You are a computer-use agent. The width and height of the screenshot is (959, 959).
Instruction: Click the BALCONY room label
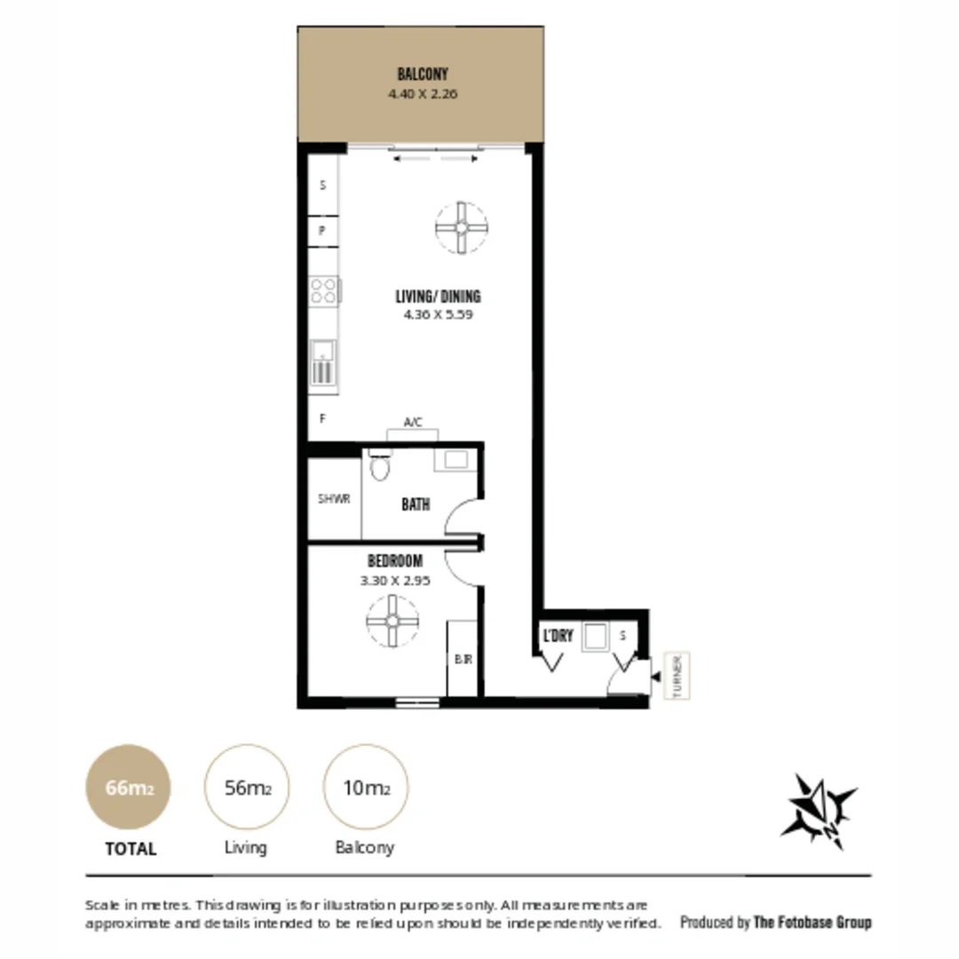point(423,75)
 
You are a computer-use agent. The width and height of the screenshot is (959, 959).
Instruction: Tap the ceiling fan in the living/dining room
point(461,227)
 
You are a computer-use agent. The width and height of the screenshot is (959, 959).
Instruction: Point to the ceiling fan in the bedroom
point(392,621)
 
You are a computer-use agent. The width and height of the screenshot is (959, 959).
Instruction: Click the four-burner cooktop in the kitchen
point(324,290)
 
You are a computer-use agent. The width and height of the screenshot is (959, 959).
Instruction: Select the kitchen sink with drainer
point(323,363)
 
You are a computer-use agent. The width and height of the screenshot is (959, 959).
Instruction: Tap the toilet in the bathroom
point(380,465)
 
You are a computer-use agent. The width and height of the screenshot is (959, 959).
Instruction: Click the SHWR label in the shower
point(334,499)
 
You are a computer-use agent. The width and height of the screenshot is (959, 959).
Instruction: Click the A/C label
point(413,424)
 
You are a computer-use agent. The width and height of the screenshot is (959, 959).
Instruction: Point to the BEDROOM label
point(395,561)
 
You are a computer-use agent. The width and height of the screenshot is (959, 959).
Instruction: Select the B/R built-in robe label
point(462,660)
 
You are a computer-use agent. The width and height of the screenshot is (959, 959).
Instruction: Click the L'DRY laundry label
point(559,636)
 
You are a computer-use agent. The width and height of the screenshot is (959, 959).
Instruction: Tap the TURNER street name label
point(678,677)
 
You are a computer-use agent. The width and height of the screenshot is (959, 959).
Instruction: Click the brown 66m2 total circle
point(128,787)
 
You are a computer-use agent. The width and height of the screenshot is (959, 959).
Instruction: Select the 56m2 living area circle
point(247,787)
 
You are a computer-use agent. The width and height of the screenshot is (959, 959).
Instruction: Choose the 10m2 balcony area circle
point(365,787)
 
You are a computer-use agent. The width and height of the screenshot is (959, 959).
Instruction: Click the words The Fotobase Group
point(812,922)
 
